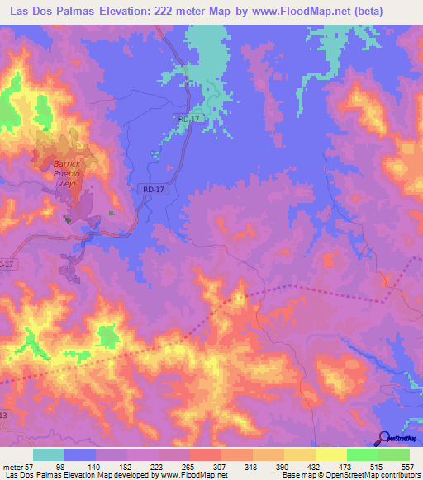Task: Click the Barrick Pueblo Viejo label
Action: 63,173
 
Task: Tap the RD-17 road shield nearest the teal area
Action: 188,120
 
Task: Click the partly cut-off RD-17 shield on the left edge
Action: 5,264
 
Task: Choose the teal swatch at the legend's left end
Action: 49,455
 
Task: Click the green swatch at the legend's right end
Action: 393,455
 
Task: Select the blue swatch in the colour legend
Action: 80,455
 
